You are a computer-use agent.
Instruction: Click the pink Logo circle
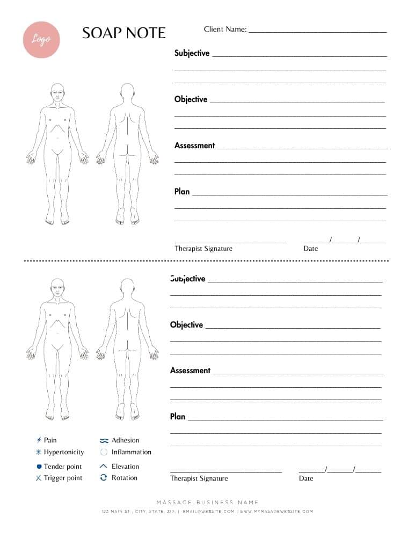41,39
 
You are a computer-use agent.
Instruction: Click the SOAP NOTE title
124,33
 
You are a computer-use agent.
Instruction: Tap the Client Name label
225,29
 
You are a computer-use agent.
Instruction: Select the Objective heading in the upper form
191,99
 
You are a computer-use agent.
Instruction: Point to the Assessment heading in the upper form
194,146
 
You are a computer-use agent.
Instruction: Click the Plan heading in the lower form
178,417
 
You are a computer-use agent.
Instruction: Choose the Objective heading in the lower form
186,325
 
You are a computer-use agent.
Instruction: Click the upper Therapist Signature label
203,249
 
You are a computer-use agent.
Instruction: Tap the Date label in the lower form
306,478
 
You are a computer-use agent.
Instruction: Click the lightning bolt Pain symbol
39,440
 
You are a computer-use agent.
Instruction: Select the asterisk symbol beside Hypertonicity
39,452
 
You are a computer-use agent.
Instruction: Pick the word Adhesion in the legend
125,440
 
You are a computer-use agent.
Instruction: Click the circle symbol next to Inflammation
104,452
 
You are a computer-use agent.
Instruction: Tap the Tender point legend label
63,467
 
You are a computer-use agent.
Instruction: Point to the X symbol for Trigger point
39,478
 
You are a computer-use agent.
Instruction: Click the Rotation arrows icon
104,477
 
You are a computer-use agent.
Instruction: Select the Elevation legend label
125,467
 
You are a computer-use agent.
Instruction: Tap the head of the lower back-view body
127,288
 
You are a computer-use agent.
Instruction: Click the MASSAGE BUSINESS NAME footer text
207,503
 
